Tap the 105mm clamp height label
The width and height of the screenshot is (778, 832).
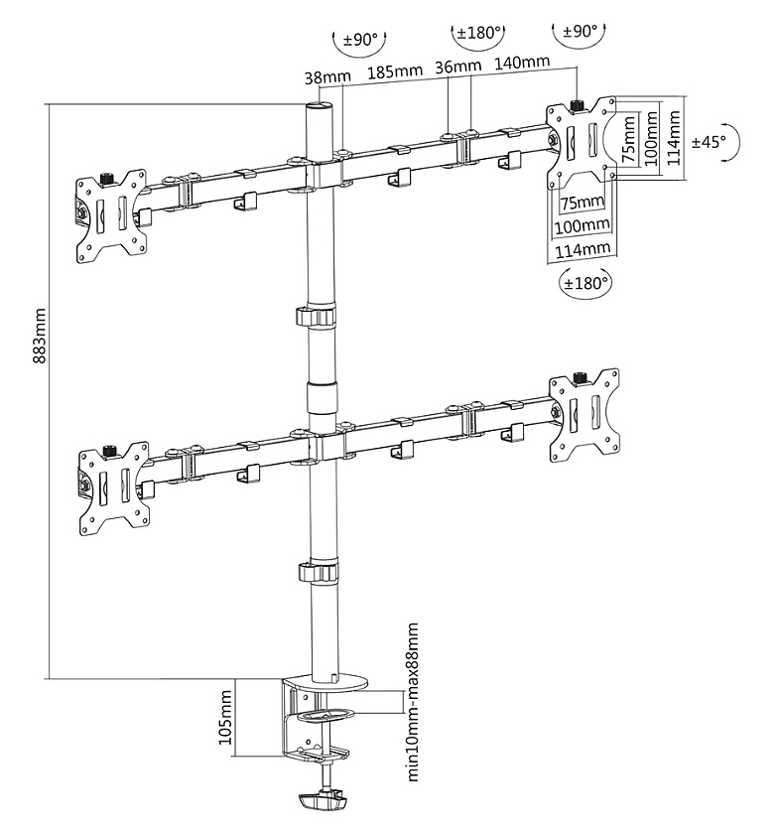pos(225,719)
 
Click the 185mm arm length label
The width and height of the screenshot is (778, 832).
pos(393,71)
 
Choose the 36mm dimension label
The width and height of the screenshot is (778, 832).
pos(457,68)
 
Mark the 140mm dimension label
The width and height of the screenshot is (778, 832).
pos(521,63)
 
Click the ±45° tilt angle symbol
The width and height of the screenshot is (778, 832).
pos(711,142)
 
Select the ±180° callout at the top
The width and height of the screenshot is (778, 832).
pos(477,33)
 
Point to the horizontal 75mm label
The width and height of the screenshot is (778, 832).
pos(582,203)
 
